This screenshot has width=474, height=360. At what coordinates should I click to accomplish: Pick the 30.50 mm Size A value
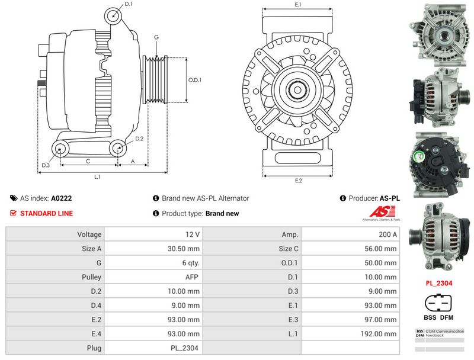(184, 249)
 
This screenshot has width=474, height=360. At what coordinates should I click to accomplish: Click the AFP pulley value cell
(191, 277)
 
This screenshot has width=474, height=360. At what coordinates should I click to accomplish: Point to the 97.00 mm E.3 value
(385, 320)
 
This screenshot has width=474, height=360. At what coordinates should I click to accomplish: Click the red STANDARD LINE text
(46, 213)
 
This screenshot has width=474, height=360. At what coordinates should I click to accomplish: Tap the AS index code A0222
(62, 199)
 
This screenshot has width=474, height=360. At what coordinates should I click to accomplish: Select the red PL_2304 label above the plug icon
(439, 283)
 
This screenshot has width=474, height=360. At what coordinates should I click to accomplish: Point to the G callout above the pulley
(156, 37)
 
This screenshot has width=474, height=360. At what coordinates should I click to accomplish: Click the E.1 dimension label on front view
(298, 5)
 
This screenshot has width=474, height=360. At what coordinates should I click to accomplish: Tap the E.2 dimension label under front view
(298, 181)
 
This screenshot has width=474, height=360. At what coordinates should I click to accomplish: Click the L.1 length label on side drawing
(97, 177)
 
